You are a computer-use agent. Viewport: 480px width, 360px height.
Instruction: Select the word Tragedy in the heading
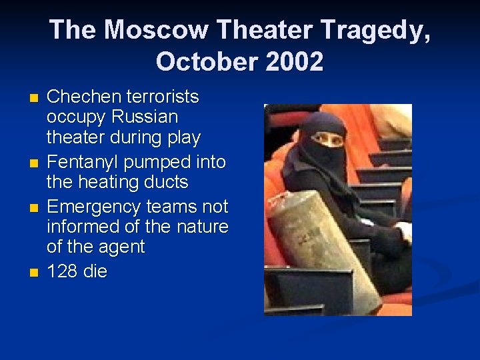pyautogui.click(x=377, y=30)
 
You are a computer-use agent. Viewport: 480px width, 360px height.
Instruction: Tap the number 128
pyautogui.click(x=62, y=271)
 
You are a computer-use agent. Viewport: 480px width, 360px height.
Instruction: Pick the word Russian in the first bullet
pyautogui.click(x=145, y=117)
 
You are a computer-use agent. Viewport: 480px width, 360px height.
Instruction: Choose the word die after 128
pyautogui.click(x=95, y=271)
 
